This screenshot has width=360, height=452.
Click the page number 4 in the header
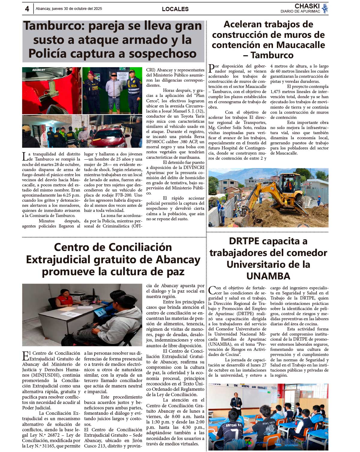[x=27, y=9]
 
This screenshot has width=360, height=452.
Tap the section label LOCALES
[x=175, y=9]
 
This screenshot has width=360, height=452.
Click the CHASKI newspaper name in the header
[x=307, y=6]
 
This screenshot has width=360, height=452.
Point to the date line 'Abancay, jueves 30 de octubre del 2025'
[x=69, y=9]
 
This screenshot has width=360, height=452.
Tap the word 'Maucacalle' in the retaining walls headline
[x=301, y=45]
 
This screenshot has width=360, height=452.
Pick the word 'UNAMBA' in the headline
[x=268, y=276]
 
